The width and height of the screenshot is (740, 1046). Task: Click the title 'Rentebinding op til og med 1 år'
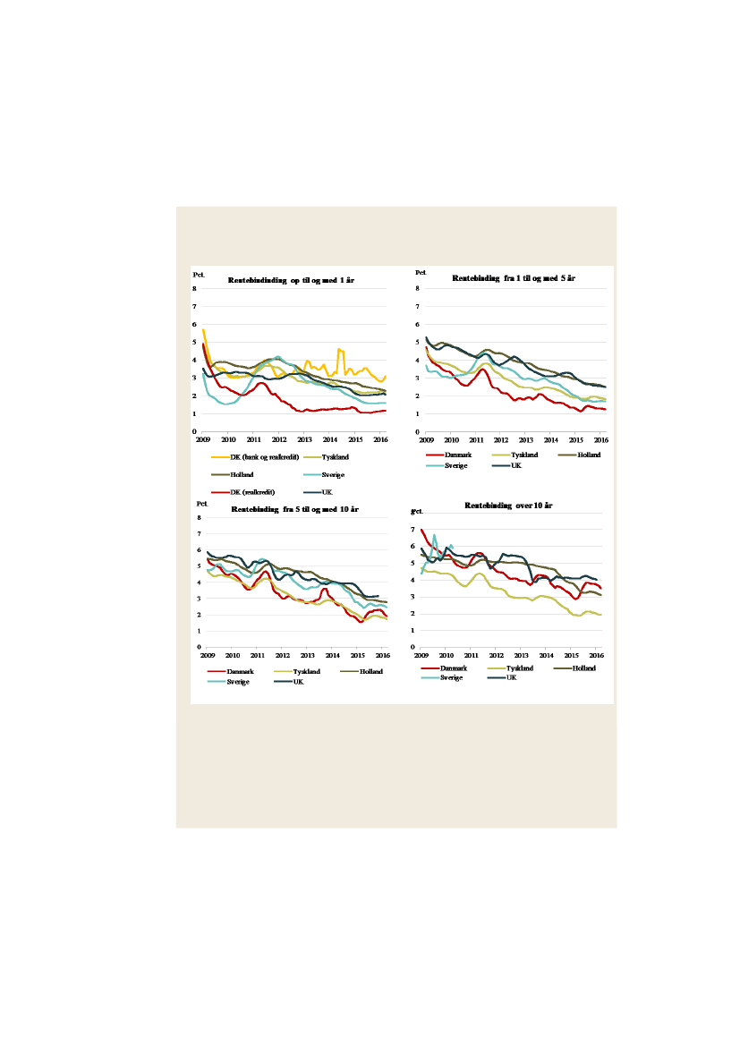point(292,281)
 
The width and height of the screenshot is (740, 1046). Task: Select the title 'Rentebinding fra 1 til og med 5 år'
point(512,279)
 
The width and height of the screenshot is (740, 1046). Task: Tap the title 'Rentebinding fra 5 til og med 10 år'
point(295,509)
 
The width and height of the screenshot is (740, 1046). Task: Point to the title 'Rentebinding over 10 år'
point(508,506)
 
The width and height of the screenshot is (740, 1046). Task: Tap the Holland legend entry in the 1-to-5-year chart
point(587,455)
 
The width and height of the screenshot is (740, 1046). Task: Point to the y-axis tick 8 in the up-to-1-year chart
point(196,288)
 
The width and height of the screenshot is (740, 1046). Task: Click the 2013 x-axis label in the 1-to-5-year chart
point(526,440)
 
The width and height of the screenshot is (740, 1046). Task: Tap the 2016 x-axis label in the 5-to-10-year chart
point(381,655)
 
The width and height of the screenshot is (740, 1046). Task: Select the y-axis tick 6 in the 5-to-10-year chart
point(199,549)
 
